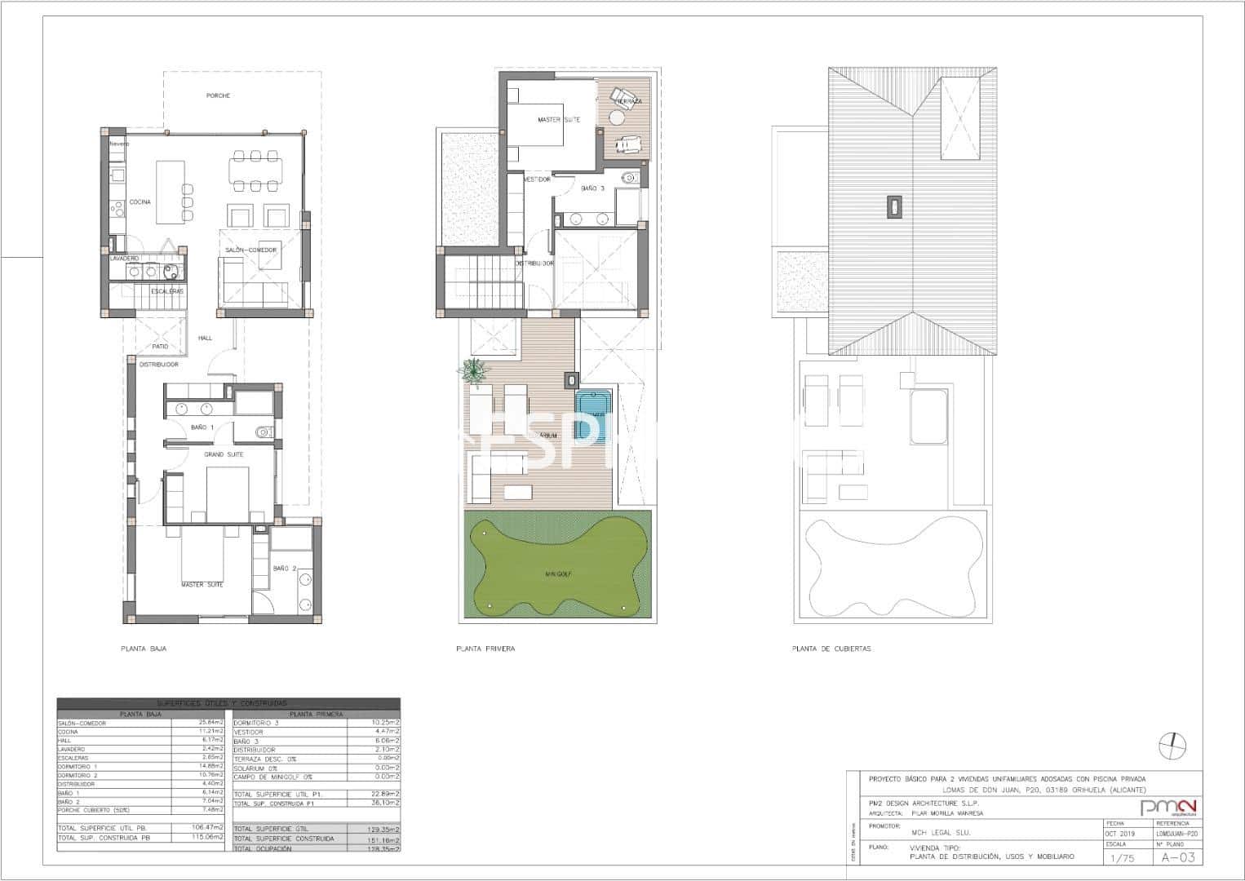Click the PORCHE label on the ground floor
pyautogui.click(x=218, y=95)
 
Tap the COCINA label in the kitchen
pyautogui.click(x=140, y=202)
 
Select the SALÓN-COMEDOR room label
pyautogui.click(x=250, y=250)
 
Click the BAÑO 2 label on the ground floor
pyautogui.click(x=284, y=569)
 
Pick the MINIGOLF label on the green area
pyautogui.click(x=558, y=574)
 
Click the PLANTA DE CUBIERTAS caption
pyautogui.click(x=831, y=649)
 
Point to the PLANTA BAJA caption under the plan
pyautogui.click(x=144, y=649)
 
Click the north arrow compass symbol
pyautogui.click(x=1172, y=743)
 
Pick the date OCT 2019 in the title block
pyautogui.click(x=1120, y=834)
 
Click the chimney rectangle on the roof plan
pyautogui.click(x=895, y=206)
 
